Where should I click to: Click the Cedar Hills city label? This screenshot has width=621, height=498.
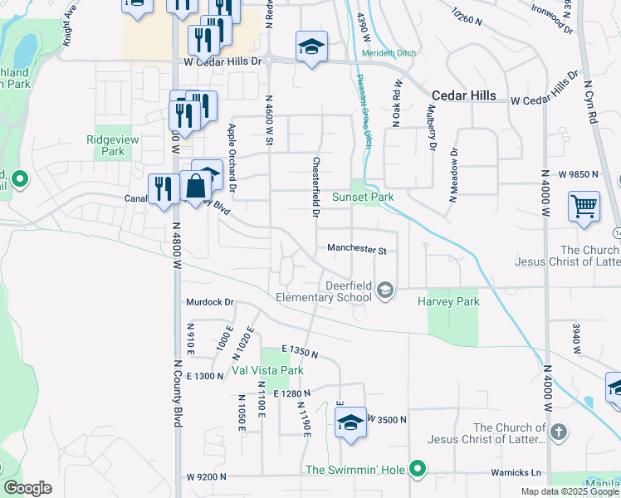pos(463,95)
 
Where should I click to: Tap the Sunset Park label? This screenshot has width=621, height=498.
pos(363,197)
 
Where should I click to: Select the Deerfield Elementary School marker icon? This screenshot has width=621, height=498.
pos(384,290)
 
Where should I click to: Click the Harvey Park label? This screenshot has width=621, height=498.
pos(448,302)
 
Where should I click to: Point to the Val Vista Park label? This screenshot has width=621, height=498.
pos(267,370)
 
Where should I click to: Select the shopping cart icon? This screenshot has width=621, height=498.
pos(584,205)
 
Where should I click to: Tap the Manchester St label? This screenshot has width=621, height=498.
pos(357,249)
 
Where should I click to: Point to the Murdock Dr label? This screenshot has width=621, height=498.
pos(210,302)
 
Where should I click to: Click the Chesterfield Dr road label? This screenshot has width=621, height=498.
pos(316,187)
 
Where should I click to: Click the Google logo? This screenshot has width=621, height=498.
pos(27,487)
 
